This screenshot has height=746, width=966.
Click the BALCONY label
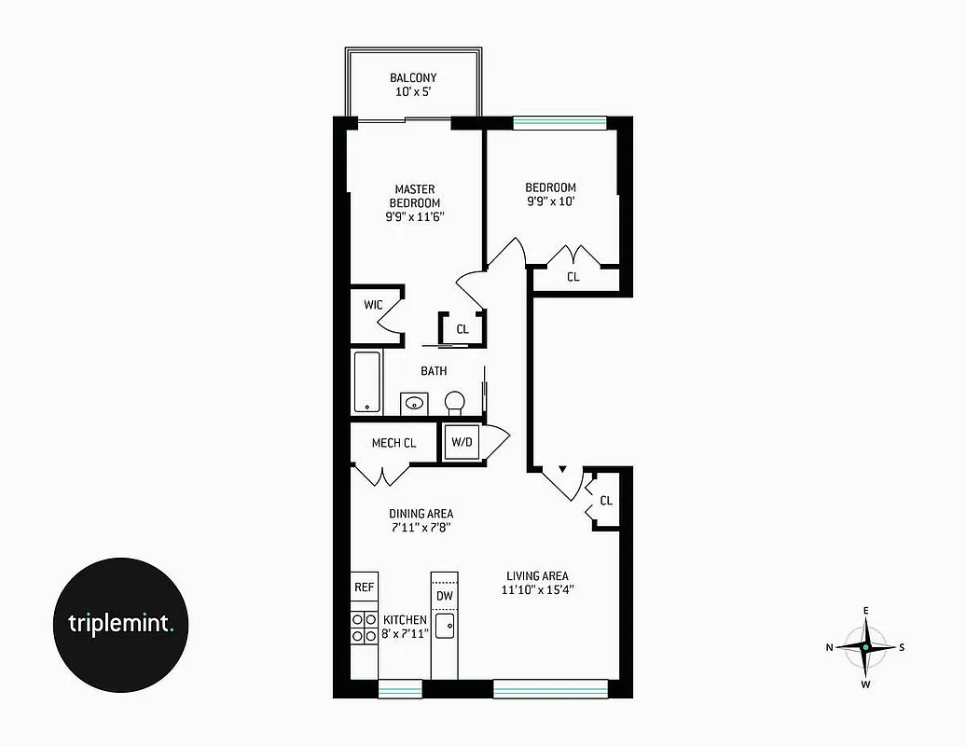tap(413, 78)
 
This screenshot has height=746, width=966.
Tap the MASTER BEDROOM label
tap(415, 196)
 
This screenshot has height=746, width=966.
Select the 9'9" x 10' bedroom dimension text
tap(550, 202)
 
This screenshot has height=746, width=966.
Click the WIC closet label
tap(373, 305)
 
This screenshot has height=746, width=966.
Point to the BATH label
tap(434, 371)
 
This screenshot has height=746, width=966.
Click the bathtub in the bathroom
tap(367, 381)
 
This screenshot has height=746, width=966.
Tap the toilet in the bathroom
tap(455, 402)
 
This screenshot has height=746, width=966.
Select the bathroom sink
tap(414, 404)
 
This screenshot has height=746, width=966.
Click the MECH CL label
tap(393, 443)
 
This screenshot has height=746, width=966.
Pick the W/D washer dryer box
tap(462, 443)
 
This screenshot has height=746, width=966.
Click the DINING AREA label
tap(421, 514)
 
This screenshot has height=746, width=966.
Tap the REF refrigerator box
tap(365, 588)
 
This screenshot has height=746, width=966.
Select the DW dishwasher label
tap(445, 596)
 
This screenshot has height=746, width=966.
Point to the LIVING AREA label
tap(537, 576)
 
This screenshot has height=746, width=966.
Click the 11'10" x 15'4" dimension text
tap(537, 590)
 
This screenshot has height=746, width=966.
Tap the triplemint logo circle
tap(120, 624)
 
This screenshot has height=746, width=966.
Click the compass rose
tap(866, 647)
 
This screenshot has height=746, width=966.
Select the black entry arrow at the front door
tap(561, 469)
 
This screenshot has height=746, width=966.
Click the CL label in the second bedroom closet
tap(573, 277)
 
